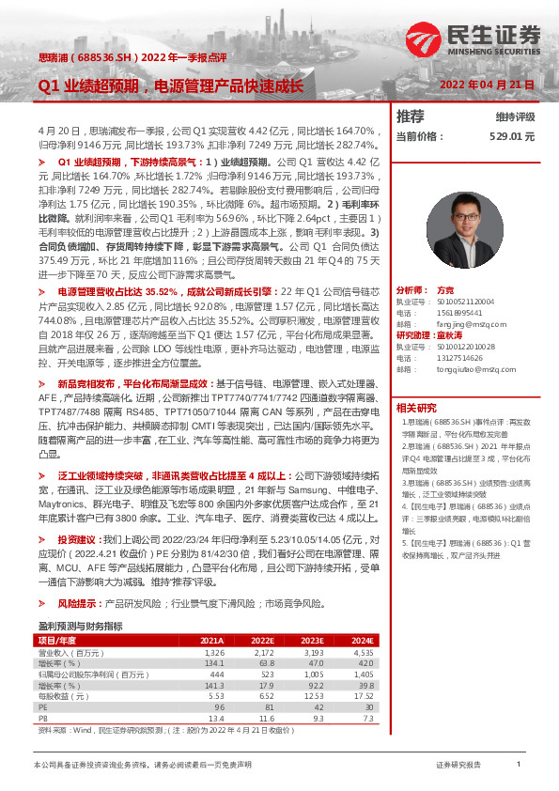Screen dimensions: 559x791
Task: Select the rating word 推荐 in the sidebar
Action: point(410,116)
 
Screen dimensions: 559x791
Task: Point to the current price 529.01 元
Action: point(511,136)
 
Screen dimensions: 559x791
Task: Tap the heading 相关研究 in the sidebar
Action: point(416,408)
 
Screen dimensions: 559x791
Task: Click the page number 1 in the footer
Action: point(518,766)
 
